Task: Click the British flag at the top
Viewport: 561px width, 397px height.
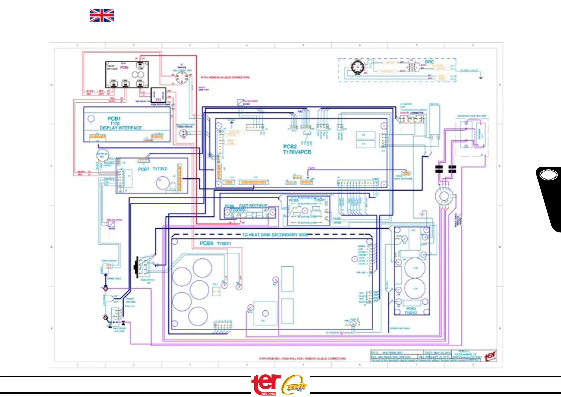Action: pos(102,15)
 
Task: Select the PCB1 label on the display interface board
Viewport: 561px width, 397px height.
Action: pos(114,119)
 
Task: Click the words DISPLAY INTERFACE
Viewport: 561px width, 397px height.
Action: pos(121,128)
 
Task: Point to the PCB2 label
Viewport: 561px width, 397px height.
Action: pos(290,147)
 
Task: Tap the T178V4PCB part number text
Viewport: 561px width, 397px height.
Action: pos(297,152)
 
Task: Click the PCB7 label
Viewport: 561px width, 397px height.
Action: pos(144,169)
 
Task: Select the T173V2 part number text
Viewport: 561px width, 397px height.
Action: pos(160,169)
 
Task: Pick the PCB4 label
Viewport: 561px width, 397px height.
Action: pos(206,243)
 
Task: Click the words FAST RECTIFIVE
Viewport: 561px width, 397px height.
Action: pos(253,206)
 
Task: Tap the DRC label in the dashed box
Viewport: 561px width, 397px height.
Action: pos(429,62)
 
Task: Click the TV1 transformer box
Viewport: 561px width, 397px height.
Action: pos(158,96)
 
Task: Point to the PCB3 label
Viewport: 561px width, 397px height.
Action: pos(411,309)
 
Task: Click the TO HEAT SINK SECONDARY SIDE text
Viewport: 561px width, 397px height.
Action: pos(275,235)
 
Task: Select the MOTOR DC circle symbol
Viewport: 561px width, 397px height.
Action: pos(102,155)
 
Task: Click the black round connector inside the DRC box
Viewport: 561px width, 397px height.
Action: pos(357,68)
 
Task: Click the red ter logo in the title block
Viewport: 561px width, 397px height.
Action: pos(490,356)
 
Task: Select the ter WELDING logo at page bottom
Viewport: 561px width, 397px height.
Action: pos(266,384)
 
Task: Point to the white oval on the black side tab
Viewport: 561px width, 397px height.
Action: pos(548,175)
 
